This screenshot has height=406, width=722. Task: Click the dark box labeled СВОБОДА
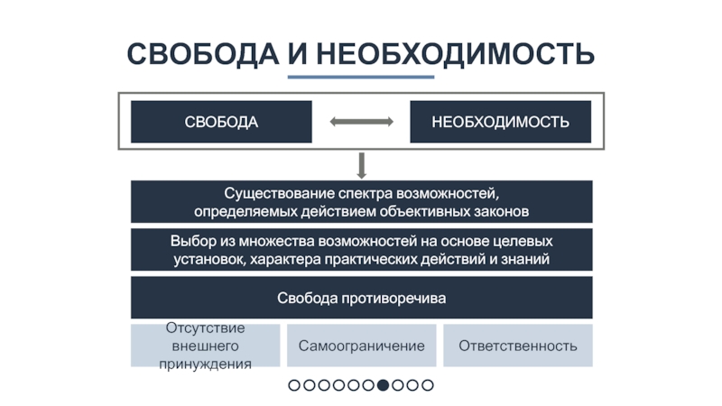[x=221, y=122]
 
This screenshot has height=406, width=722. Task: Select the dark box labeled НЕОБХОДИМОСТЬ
[x=500, y=122]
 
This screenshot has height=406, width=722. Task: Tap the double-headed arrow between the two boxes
[x=361, y=122]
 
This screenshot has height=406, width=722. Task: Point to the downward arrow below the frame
[x=361, y=165]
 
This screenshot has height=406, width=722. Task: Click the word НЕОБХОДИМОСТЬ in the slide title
[x=455, y=53]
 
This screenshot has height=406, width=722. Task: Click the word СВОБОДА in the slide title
[x=201, y=53]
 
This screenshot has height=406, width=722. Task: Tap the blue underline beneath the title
[x=361, y=77]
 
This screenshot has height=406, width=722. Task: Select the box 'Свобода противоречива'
[x=361, y=297]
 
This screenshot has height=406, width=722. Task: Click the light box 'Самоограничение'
[x=361, y=346]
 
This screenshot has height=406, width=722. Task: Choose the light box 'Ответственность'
[x=517, y=346]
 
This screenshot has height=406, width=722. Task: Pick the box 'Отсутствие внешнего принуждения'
[x=205, y=346]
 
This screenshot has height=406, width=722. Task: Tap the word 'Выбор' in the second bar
[x=191, y=242]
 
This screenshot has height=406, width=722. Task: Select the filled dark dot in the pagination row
[x=383, y=385]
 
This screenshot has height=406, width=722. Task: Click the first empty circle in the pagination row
[x=294, y=385]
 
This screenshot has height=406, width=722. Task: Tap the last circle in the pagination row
[x=428, y=385]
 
